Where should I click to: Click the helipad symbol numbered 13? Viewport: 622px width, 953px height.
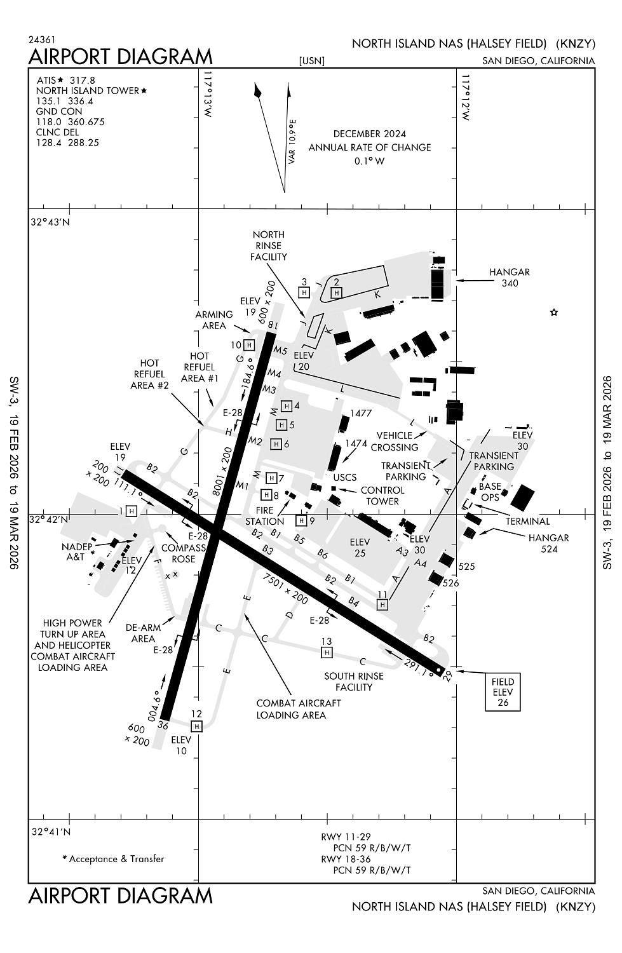pos(327,652)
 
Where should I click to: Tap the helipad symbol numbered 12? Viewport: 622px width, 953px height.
pos(196,726)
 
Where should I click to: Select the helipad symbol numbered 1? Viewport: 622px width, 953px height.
pos(132,511)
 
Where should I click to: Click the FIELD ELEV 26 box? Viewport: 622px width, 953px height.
pos(503,692)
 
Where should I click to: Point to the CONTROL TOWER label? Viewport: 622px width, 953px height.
pos(382,496)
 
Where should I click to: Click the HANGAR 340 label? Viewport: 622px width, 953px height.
pos(509,278)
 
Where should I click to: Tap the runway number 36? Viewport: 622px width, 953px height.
pos(163,725)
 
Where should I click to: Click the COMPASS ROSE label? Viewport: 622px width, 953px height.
pos(184,553)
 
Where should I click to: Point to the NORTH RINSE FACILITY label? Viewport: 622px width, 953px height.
pos(268,246)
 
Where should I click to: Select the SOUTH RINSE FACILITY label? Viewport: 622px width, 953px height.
pos(353,681)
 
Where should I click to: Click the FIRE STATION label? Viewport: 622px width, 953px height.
pos(264,516)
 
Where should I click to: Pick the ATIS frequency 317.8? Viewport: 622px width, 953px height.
pos(82,80)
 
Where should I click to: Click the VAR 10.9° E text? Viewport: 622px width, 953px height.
pos(292,141)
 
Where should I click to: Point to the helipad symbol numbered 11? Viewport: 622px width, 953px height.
pos(382,605)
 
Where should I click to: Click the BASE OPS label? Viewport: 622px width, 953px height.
pos(490,492)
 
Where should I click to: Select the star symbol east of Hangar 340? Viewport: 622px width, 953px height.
pos(554,312)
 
